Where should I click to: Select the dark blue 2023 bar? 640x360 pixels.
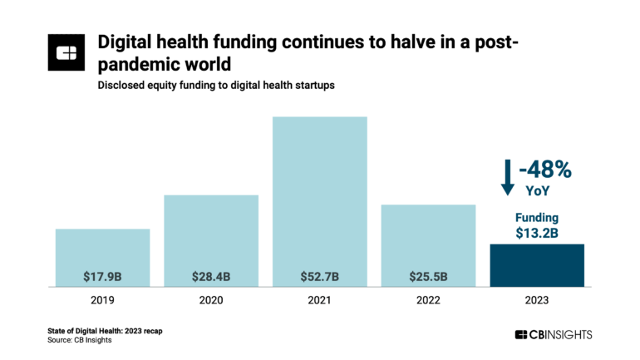tap(537, 265)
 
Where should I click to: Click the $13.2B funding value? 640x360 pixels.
tap(537, 233)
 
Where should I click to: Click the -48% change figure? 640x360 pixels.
tap(544, 170)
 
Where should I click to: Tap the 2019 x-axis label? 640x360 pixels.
tap(102, 299)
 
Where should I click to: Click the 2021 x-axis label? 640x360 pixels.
tap(320, 299)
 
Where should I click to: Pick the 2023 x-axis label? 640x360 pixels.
tap(537, 299)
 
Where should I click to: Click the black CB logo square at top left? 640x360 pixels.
tap(67, 52)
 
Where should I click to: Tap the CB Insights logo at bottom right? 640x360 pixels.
tap(554, 334)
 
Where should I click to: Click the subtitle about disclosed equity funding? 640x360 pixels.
tap(216, 86)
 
